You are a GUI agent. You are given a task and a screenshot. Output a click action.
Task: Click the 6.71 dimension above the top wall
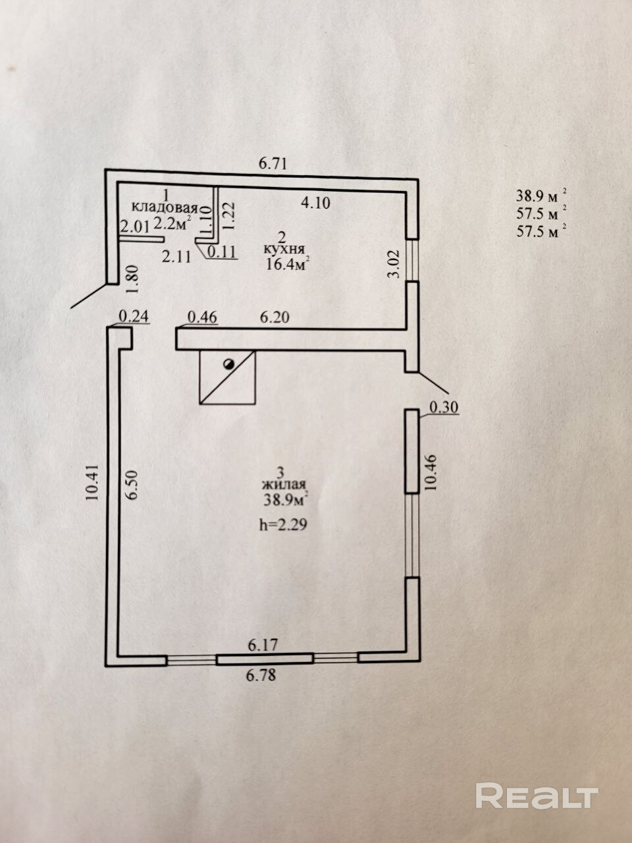(273, 163)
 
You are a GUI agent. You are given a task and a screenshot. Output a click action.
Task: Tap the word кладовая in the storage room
(165, 208)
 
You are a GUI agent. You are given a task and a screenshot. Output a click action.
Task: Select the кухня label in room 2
(284, 249)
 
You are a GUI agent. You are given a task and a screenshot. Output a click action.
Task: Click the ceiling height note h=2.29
(284, 525)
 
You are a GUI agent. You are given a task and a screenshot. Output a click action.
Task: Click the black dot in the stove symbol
(228, 364)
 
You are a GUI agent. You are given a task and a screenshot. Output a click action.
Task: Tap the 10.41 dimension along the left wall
(93, 481)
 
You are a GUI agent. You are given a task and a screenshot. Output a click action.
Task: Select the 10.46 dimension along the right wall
(431, 472)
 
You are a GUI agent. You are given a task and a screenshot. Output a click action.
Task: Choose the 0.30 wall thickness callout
(444, 407)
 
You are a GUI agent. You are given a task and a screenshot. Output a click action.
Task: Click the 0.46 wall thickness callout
(202, 317)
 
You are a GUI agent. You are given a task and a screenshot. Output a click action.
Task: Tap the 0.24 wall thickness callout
(134, 316)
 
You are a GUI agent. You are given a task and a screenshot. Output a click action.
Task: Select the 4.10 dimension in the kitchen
(315, 203)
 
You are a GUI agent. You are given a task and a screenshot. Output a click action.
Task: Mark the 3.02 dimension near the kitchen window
(394, 264)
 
